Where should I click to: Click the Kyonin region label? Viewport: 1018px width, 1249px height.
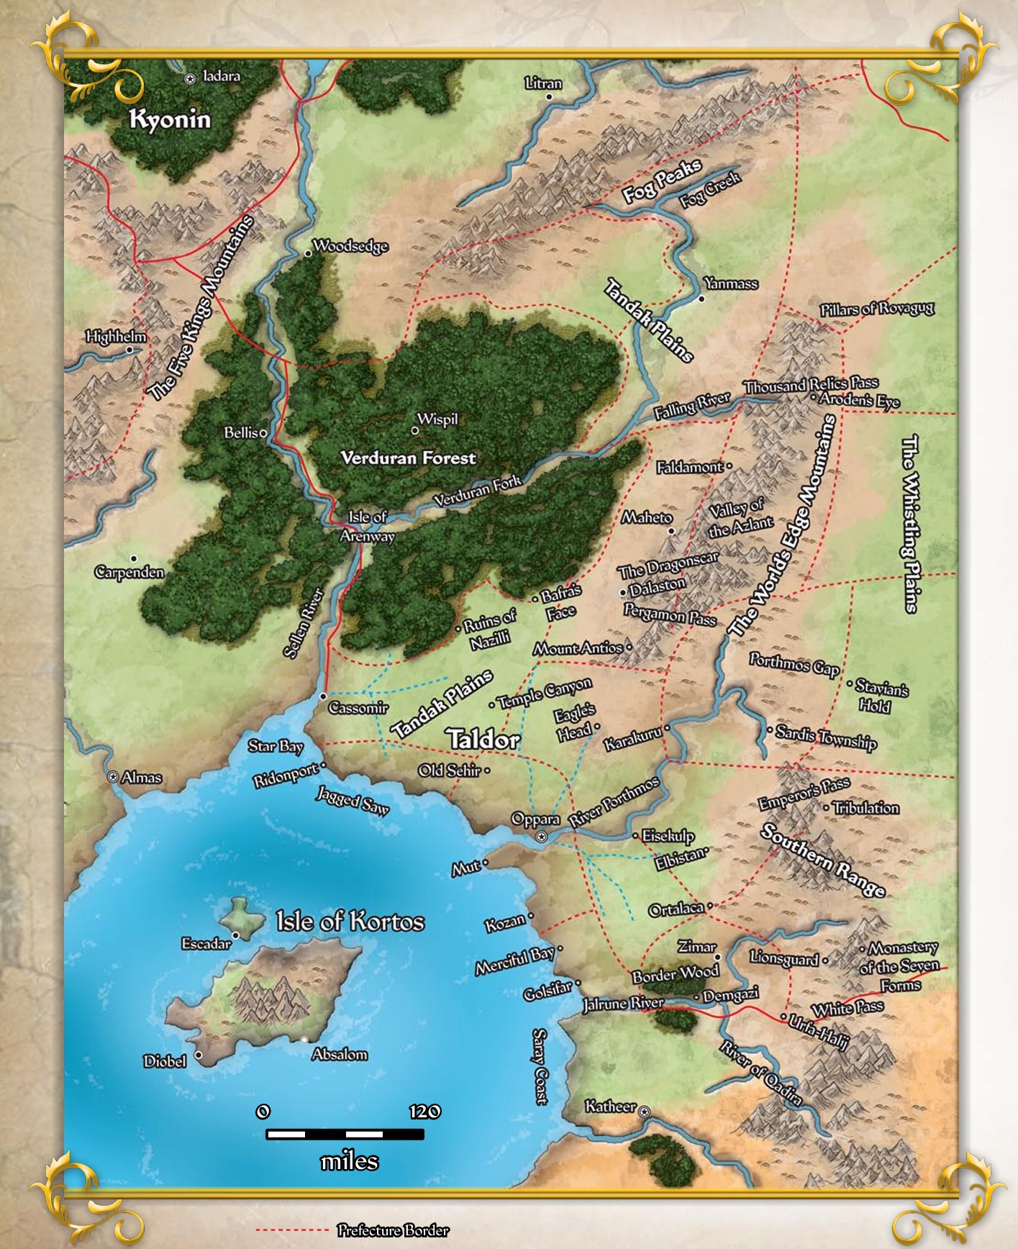[x=170, y=119]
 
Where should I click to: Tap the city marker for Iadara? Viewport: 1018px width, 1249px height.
[x=190, y=79]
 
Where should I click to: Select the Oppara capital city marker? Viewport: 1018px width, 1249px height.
[x=542, y=836]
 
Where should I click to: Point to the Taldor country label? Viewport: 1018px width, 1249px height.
[x=483, y=739]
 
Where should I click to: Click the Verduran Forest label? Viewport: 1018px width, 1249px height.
[x=408, y=458]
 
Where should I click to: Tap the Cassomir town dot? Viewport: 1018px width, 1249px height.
[x=323, y=696]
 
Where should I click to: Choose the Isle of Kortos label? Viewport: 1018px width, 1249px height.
[x=350, y=921]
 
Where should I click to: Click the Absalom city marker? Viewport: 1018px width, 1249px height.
[x=304, y=1039]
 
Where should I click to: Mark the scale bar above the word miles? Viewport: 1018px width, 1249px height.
[x=345, y=1135]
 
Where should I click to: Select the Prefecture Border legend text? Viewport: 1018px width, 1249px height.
[x=393, y=1230]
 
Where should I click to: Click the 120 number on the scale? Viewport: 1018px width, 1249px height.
[x=424, y=1112]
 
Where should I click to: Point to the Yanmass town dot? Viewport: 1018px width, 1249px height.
[x=702, y=299]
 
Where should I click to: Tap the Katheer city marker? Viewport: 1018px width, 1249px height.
[x=644, y=1112]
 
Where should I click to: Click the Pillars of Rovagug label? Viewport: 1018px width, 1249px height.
[x=877, y=309]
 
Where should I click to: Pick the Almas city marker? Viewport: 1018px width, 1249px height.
[x=112, y=777]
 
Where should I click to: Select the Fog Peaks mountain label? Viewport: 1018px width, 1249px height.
[x=661, y=180]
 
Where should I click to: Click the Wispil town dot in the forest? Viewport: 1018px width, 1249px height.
[x=414, y=430]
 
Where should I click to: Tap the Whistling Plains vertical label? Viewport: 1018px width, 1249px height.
[x=911, y=523]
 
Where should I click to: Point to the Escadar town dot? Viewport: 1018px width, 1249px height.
[x=235, y=935]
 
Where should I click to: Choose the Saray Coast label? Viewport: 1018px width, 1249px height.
[x=540, y=1066]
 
